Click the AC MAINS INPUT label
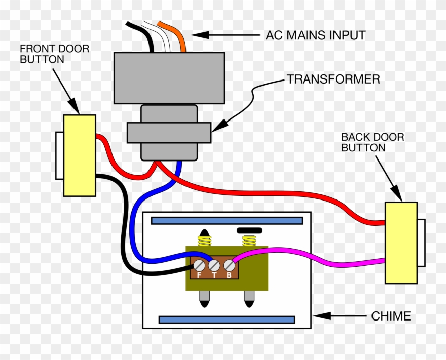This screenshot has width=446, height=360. tap(315, 35)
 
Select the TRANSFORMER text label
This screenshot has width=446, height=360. tap(333, 79)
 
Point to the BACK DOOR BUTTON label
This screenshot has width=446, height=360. tap(365, 142)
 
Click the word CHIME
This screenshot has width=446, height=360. tap(391, 316)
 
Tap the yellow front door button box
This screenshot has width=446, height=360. tap(80, 155)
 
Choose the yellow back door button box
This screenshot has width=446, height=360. tap(400, 243)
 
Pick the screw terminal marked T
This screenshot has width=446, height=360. tap(214, 265)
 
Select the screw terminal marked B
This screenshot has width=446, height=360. tap(229, 265)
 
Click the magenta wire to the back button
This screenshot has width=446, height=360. tap(314, 255)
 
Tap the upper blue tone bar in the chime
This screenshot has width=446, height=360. tap(227, 221)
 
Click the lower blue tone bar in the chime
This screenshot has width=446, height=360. tap(227, 319)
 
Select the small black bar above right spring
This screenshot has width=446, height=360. tap(249, 230)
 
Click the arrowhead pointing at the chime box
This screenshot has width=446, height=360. tap(320, 316)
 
